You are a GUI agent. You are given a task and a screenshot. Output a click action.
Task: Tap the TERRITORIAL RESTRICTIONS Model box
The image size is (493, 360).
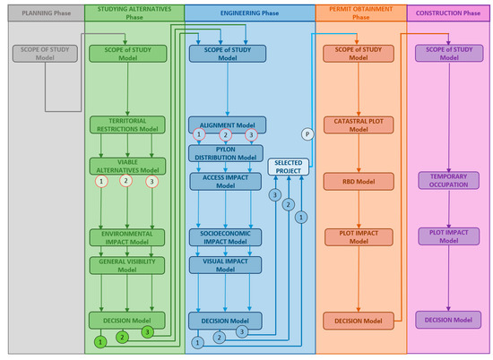click(x=127, y=125)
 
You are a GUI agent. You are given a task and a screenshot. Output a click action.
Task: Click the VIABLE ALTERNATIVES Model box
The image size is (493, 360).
click(x=127, y=165)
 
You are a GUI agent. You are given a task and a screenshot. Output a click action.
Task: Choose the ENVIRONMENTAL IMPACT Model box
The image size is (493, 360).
click(x=127, y=237)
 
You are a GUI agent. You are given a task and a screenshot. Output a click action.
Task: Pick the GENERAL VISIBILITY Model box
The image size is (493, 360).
click(x=127, y=265)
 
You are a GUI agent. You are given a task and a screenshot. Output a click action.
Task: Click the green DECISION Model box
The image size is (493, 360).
click(x=127, y=320)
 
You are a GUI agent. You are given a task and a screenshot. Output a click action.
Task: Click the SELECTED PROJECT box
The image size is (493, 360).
click(x=288, y=166)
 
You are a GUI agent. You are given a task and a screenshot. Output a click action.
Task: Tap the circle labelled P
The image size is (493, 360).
click(x=307, y=133)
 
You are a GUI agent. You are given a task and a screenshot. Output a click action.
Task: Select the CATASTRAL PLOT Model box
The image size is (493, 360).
click(x=359, y=125)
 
